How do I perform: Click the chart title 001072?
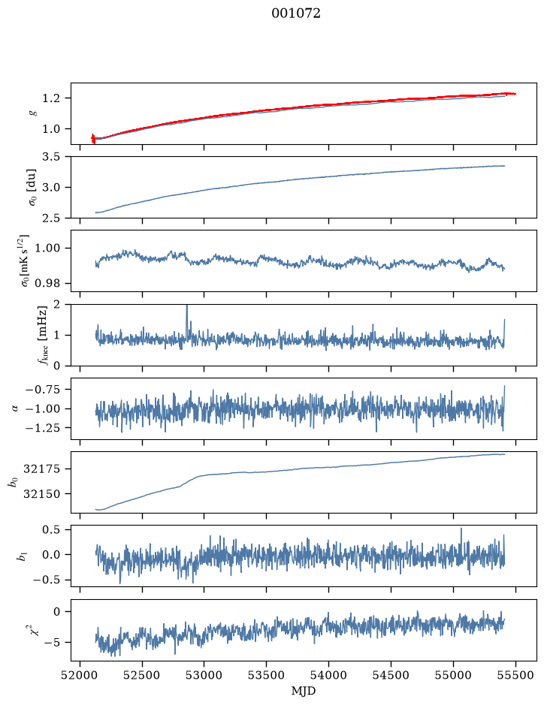[295, 14]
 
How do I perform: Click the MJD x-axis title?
[304, 691]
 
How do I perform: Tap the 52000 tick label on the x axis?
[80, 675]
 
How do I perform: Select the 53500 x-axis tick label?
[267, 675]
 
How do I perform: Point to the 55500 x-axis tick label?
[515, 675]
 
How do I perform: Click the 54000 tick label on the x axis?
[328, 675]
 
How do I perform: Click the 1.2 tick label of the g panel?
[51, 98]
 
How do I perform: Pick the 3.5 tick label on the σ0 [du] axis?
[51, 157]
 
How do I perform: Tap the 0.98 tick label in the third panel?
[47, 283]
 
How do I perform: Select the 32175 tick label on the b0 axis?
[41, 469]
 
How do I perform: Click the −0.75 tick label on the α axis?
[43, 390]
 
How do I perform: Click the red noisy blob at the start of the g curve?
[93, 138]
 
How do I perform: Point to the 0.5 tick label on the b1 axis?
[51, 529]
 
